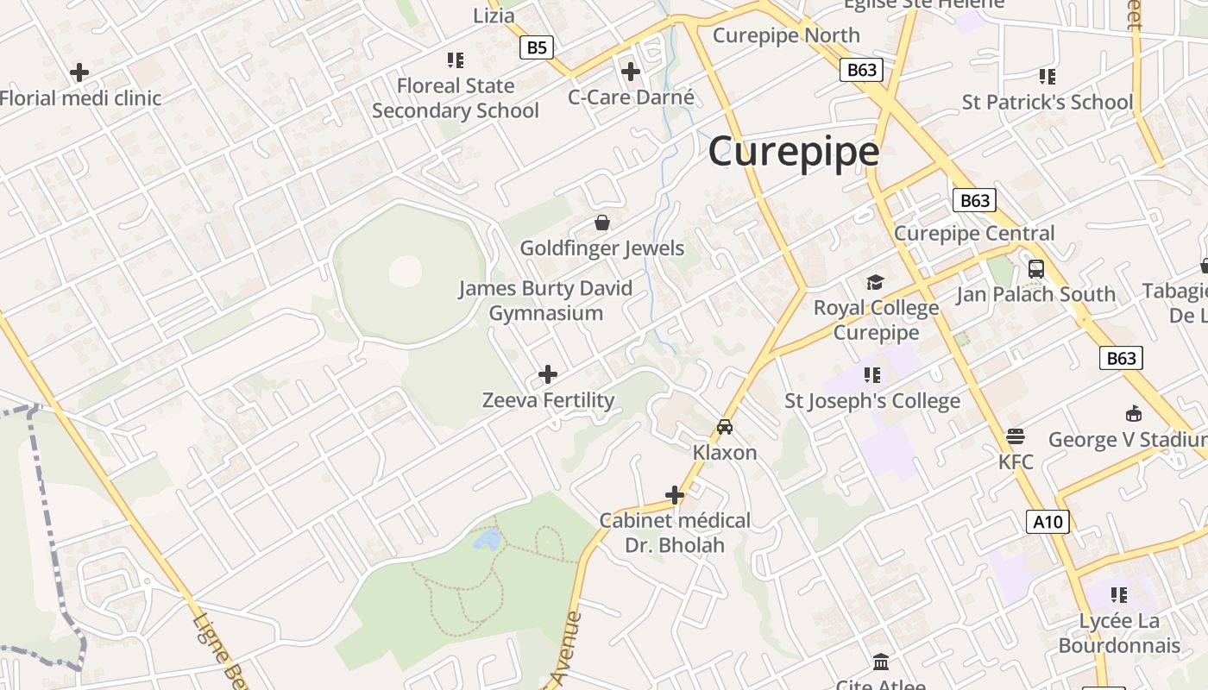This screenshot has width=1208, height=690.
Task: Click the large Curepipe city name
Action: [794, 152]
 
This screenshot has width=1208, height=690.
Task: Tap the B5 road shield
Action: [537, 47]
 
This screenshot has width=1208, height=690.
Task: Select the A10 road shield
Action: [1048, 521]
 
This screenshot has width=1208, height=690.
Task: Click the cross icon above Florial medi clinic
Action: [79, 72]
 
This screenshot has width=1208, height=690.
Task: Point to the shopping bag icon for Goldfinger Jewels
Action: [602, 223]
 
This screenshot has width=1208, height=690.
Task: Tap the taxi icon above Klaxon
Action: [725, 427]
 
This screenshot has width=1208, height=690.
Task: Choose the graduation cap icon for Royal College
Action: [876, 282]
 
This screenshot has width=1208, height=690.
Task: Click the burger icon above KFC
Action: [1016, 436]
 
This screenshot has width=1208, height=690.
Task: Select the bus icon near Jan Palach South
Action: [1036, 268]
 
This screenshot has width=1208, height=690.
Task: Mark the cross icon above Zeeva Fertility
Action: [548, 374]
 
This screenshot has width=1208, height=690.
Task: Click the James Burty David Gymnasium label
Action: [545, 300]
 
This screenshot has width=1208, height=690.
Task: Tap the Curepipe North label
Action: [786, 35]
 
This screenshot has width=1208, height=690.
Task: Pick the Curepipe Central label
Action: [974, 233]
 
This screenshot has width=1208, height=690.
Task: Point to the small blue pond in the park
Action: [488, 540]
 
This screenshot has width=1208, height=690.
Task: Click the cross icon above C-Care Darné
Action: [631, 72]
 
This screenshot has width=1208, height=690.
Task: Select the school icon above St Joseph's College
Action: [872, 375]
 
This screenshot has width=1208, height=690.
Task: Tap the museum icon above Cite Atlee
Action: [881, 662]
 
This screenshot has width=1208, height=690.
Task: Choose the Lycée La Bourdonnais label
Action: [1119, 633]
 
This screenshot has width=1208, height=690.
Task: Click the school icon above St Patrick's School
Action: [1048, 77]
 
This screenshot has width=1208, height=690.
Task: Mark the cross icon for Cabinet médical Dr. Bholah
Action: [675, 495]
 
